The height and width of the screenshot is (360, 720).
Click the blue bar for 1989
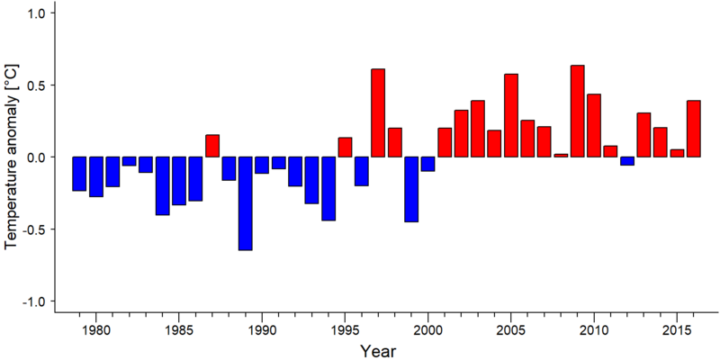tap(245, 203)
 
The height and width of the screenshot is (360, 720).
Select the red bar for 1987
tap(212, 146)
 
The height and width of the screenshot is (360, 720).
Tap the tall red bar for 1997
tap(378, 113)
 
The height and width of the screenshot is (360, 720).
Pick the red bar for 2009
tap(578, 111)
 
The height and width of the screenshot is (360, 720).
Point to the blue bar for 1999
tap(411, 189)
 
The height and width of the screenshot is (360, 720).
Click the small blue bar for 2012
tap(627, 161)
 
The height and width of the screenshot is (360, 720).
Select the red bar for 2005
tap(511, 115)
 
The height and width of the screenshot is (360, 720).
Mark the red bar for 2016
tap(694, 129)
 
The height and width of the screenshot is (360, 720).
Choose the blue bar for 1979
tap(79, 174)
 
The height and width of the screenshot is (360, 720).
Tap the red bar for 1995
tap(345, 147)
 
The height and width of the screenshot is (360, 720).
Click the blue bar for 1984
tap(163, 186)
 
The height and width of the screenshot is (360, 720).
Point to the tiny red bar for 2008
tap(561, 155)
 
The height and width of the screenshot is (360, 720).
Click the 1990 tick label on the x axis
tap(262, 332)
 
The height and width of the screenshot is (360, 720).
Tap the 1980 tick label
tap(95, 332)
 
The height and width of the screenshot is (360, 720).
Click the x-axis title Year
tap(377, 351)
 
